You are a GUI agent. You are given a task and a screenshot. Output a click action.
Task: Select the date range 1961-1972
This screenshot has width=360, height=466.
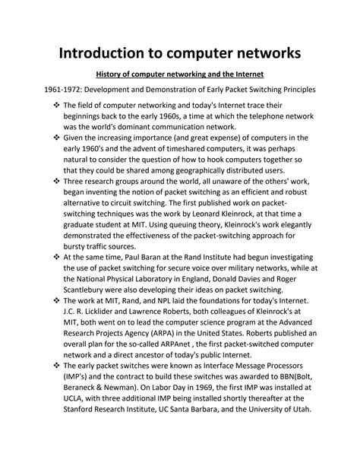45,90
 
